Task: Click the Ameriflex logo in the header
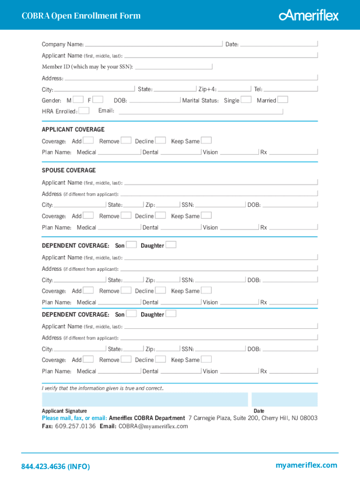coord(309,15)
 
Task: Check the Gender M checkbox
coord(79,99)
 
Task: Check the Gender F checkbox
coord(98,99)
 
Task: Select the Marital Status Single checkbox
coord(246,99)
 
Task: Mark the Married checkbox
coord(283,99)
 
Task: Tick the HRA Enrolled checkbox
coord(84,110)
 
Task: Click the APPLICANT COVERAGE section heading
coord(73,130)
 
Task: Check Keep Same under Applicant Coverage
coord(206,140)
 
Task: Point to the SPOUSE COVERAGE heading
coord(69,170)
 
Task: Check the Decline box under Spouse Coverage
coord(160,215)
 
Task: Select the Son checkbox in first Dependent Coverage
coord(132,245)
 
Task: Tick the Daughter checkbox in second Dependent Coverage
coord(171,313)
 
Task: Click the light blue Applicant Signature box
coord(145,399)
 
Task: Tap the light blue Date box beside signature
coord(284,399)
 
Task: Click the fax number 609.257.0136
coord(75,426)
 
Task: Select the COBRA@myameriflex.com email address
coord(153,426)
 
